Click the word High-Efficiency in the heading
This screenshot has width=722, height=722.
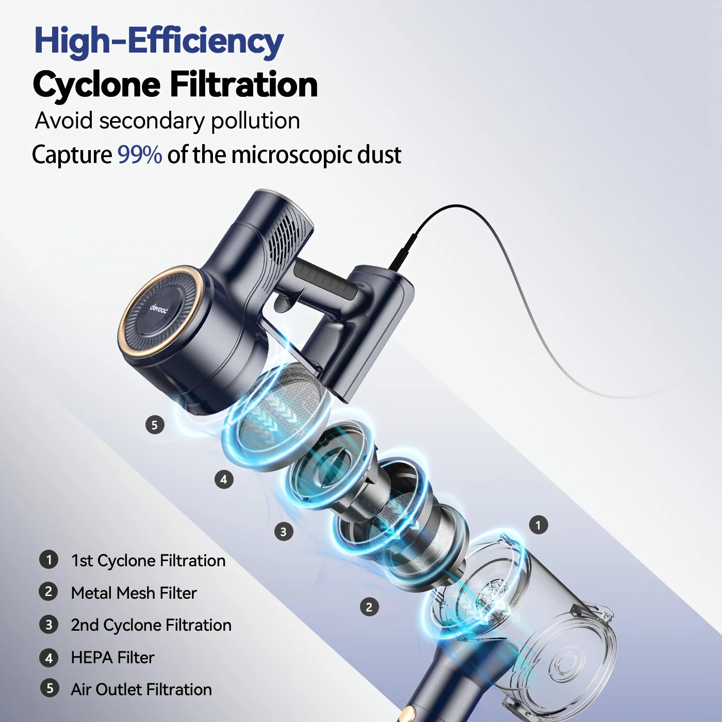158,41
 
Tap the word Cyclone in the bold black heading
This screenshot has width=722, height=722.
96,85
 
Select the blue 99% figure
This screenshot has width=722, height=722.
140,154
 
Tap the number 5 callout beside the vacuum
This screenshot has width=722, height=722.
154,425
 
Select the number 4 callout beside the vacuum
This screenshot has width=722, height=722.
223,479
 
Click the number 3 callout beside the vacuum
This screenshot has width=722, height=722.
283,531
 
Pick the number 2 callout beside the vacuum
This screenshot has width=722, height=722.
369,607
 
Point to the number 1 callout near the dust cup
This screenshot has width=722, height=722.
538,525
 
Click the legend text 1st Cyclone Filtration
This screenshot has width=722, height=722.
148,561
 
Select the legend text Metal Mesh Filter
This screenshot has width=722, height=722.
134,593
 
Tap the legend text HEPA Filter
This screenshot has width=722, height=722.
112,658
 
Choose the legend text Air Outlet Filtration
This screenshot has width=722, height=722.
141,690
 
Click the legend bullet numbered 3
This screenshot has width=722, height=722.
49,625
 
